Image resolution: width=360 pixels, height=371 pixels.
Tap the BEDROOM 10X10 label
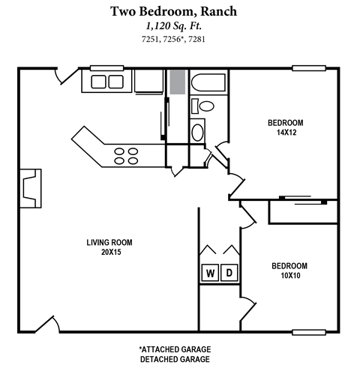289,271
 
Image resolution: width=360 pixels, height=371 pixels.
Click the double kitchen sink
111,80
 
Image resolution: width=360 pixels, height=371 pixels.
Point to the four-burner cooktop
125,155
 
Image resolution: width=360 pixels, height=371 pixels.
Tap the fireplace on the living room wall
28,186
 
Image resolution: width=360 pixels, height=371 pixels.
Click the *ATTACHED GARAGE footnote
174,349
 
